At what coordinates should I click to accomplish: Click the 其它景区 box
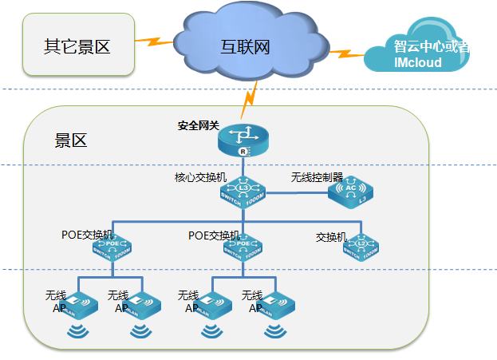[77, 45]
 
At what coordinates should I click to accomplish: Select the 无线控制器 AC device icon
[351, 192]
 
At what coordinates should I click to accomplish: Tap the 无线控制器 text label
[317, 176]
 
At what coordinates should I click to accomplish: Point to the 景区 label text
[70, 141]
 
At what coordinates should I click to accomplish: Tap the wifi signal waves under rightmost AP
[276, 330]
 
